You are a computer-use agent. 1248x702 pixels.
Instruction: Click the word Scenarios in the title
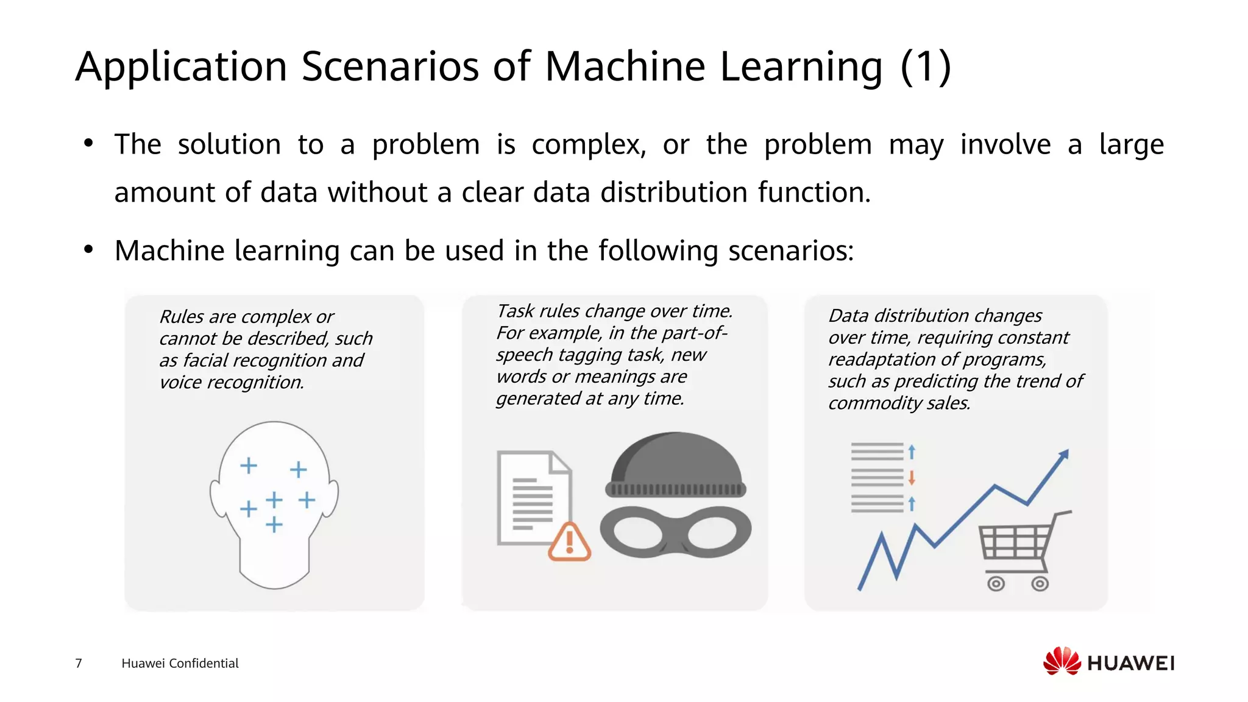(x=390, y=66)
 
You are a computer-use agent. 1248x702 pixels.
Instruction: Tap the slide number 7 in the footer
(x=78, y=663)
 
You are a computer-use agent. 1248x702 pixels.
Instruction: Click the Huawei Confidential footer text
(x=180, y=663)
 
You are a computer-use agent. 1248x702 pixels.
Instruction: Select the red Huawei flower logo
(x=1062, y=661)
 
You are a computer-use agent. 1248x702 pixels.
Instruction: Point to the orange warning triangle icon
(x=569, y=542)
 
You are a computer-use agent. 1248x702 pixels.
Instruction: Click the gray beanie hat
(x=676, y=466)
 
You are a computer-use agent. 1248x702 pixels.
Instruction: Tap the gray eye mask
(x=675, y=531)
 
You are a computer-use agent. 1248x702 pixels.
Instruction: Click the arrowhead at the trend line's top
(x=1064, y=454)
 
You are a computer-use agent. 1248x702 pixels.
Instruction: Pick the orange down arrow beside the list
(x=912, y=477)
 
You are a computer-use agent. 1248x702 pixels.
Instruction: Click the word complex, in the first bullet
(x=589, y=145)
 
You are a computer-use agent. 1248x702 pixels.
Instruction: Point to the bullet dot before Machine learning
(x=89, y=249)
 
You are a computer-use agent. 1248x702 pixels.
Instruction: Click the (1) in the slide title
(x=926, y=66)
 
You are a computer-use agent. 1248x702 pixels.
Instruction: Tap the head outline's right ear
(x=332, y=498)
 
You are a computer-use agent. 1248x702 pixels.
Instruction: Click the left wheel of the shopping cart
(x=996, y=584)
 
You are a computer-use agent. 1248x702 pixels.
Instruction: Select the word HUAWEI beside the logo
(x=1130, y=663)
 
